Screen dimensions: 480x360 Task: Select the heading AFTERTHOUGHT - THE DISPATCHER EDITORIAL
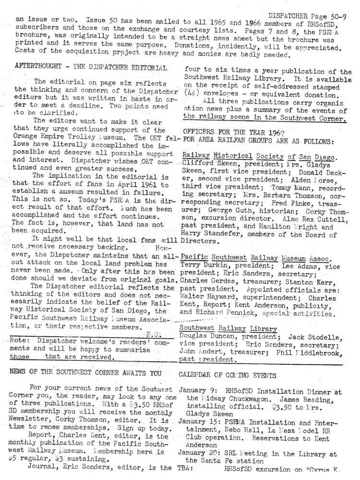[x=91, y=68]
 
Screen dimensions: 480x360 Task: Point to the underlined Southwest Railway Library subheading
[x=228, y=329]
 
